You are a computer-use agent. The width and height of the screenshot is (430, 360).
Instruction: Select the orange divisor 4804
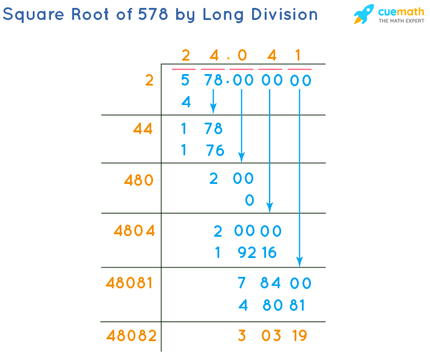click(x=134, y=231)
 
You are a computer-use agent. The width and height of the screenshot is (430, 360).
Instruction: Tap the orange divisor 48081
click(x=129, y=283)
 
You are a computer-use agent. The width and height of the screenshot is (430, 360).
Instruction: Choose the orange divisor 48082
click(x=131, y=335)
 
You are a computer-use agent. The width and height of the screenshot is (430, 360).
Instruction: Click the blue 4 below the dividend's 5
click(x=186, y=103)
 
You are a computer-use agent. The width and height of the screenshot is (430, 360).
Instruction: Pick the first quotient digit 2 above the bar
click(x=186, y=56)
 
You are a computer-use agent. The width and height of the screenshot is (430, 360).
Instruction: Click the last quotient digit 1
click(x=298, y=56)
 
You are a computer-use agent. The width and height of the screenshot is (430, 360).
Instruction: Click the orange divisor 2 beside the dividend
click(x=149, y=80)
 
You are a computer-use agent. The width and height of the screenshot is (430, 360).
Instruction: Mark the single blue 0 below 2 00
click(x=249, y=200)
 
